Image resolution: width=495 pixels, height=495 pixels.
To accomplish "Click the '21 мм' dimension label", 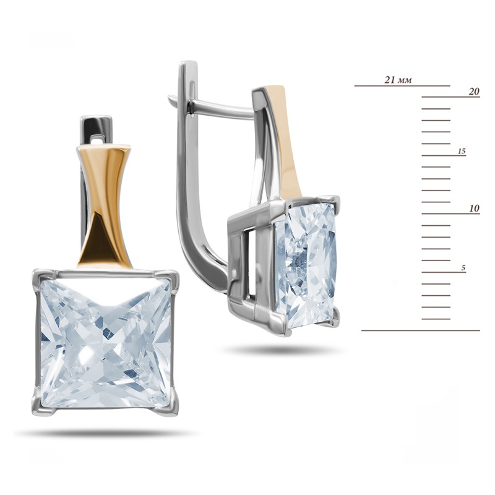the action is coord(398,80).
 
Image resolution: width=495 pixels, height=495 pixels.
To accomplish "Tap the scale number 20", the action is coord(474,92).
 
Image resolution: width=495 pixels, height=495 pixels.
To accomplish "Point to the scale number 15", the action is coord(462,152).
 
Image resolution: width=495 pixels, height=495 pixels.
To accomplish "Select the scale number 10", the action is coord(474,209).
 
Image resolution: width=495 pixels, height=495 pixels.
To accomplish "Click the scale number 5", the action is coord(463,268).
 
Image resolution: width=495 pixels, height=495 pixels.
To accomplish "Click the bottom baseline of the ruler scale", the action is coord(421,330).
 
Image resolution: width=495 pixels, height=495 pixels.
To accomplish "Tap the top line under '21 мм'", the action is coord(402,85).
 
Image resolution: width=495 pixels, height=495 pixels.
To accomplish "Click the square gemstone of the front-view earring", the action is coord(106,343).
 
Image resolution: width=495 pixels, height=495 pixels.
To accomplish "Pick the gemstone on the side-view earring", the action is coord(305,266).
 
